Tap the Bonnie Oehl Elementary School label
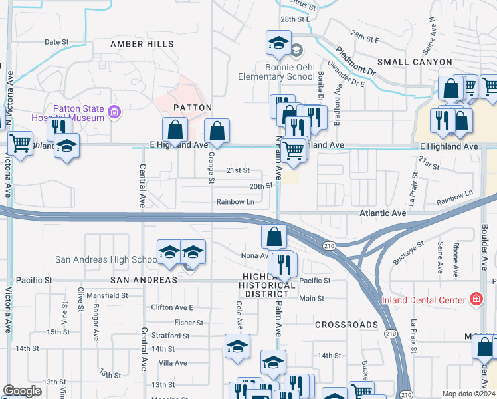point(276,72)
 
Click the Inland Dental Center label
point(424,300)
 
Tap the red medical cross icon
point(475,299)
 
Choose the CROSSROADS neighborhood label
point(346,325)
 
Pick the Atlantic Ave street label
point(383,213)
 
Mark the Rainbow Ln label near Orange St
point(235,201)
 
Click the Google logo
point(22,391)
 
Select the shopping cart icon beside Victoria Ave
point(21,142)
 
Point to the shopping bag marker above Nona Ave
point(274,237)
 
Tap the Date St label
point(56,42)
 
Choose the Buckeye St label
point(409,253)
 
